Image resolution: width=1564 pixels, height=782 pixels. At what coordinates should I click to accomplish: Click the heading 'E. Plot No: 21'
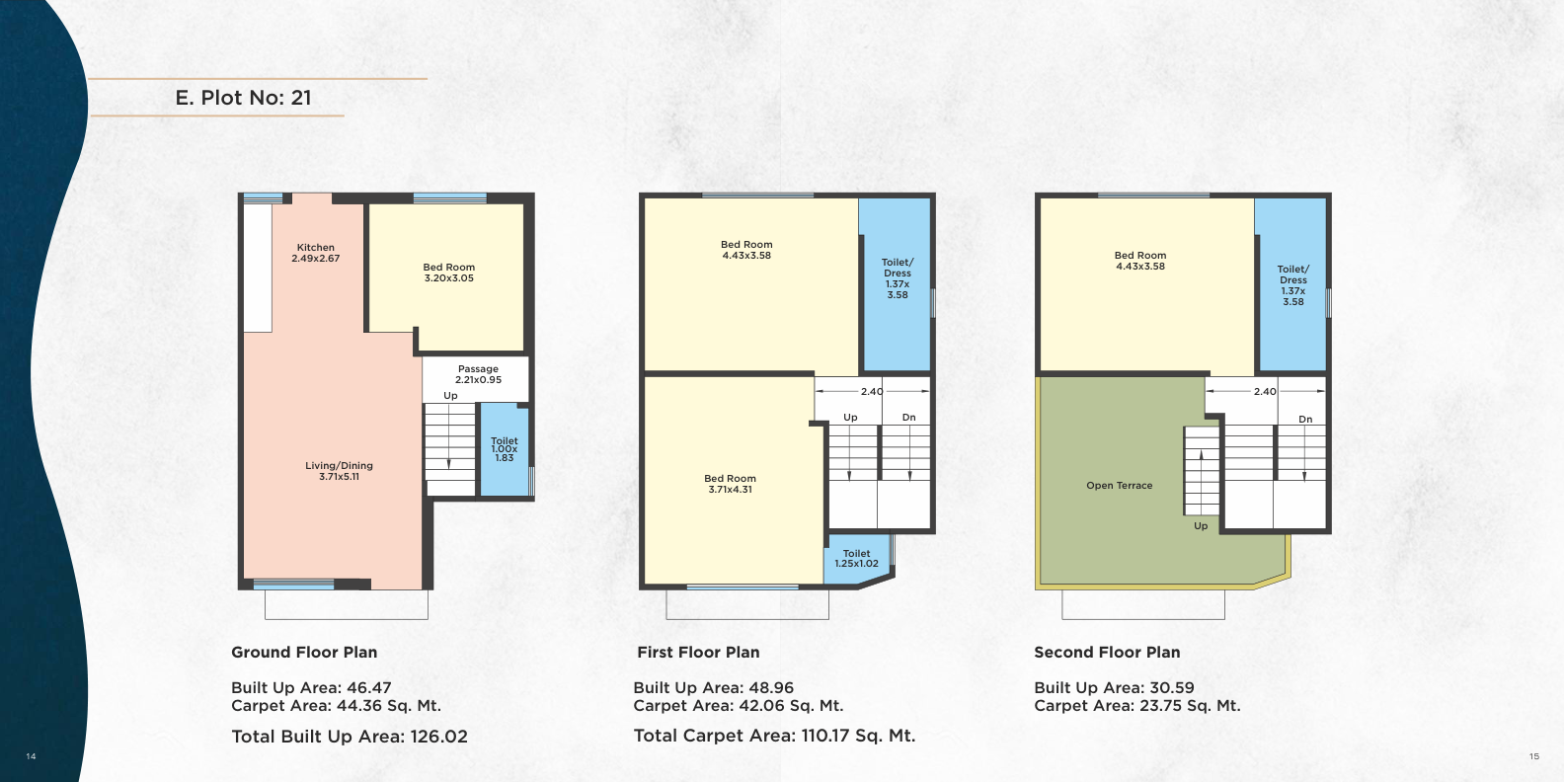tap(243, 98)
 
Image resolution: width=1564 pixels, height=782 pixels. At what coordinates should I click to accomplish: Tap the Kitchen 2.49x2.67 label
tap(316, 253)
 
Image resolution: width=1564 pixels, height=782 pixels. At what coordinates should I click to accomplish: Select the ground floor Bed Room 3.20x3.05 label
tap(449, 273)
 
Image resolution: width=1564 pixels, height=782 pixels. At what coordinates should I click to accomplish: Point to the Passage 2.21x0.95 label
tap(478, 374)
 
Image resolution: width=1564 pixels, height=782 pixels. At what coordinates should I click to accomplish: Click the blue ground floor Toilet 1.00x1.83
tap(505, 449)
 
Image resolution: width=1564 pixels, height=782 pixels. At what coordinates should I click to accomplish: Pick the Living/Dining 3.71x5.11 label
tap(340, 471)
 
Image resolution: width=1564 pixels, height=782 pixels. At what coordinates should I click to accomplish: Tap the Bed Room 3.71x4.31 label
tap(731, 484)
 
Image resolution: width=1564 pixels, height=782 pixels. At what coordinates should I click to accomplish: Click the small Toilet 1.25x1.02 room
tap(857, 559)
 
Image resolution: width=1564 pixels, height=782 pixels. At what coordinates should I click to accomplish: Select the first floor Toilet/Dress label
tap(898, 277)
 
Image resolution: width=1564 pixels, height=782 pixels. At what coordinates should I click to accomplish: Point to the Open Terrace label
tap(1120, 485)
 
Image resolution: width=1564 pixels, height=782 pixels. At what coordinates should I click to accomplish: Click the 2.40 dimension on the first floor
tap(872, 392)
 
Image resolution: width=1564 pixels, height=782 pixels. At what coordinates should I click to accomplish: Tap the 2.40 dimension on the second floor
tap(1265, 392)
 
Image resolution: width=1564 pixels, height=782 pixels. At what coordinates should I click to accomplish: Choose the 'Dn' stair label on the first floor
tap(908, 418)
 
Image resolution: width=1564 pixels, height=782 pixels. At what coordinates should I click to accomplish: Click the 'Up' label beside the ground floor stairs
tap(451, 396)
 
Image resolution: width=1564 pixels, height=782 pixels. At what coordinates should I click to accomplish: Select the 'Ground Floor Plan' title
tap(304, 652)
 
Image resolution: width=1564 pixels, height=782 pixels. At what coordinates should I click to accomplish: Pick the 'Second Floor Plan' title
tap(1108, 652)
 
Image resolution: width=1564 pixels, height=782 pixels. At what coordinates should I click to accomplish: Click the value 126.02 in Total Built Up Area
tap(439, 737)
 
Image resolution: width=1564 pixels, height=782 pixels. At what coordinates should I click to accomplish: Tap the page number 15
tap(1534, 756)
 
